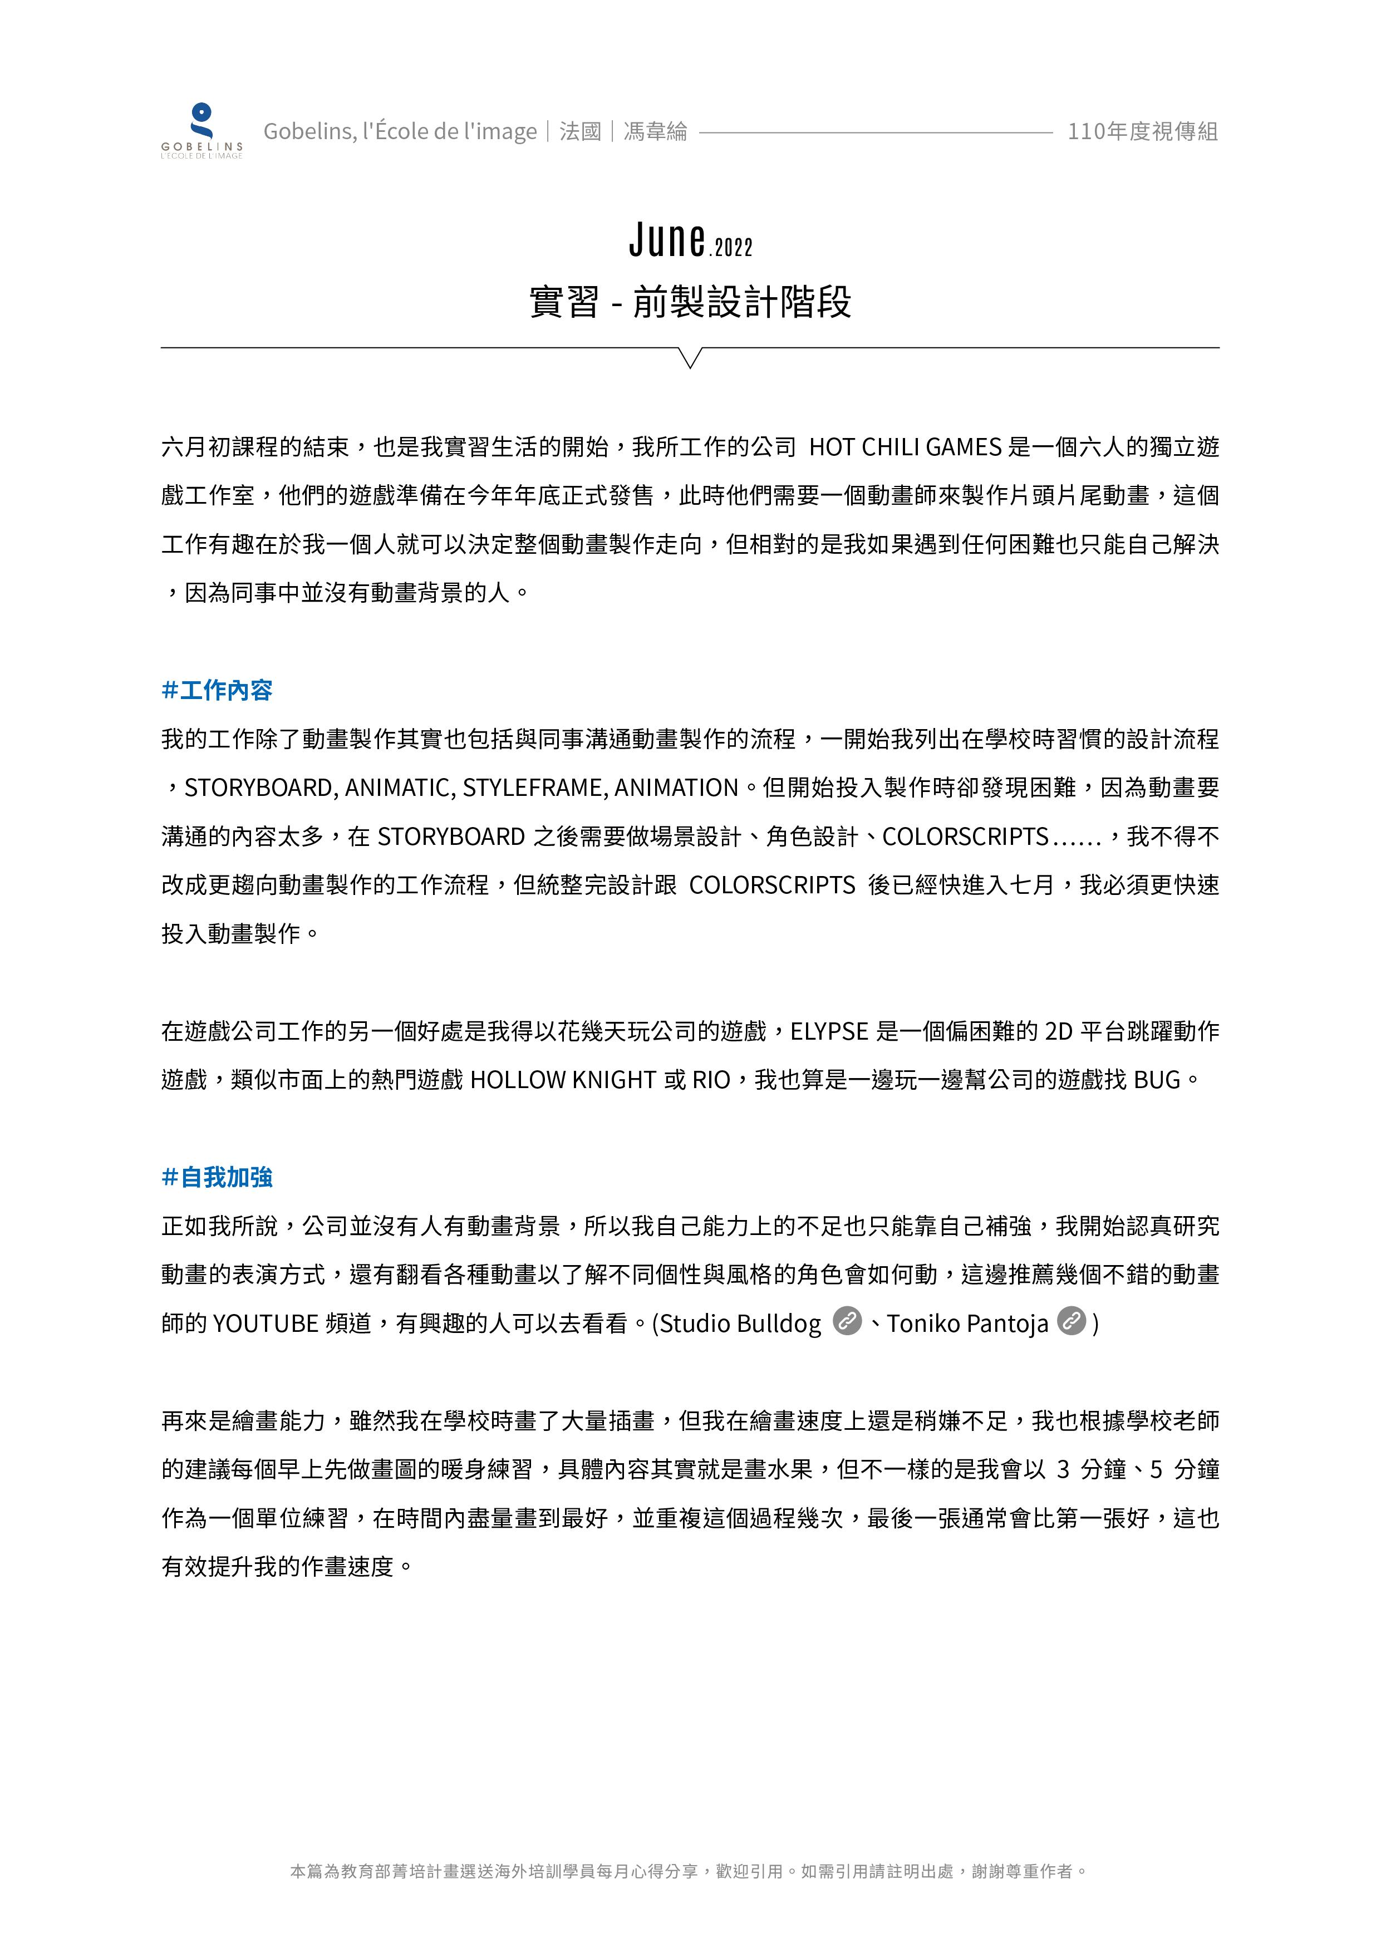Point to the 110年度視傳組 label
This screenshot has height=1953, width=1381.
[1143, 132]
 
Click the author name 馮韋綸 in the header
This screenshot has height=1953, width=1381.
[655, 132]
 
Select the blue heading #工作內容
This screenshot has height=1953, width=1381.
[217, 690]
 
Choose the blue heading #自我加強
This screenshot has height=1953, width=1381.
[217, 1177]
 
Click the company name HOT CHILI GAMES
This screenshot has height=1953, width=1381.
[905, 447]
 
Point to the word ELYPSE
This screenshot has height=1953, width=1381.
[829, 1032]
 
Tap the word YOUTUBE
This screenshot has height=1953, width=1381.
[264, 1324]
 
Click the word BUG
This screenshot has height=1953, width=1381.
[1156, 1080]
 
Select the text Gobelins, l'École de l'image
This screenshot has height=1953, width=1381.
[400, 132]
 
